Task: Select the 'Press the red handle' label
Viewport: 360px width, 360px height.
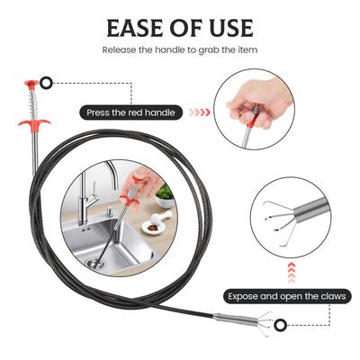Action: pos(130,112)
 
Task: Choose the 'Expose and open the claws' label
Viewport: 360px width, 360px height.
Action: pos(287,296)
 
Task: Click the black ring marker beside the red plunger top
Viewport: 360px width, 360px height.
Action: pos(47,83)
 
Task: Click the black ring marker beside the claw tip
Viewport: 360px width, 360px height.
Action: pos(281,324)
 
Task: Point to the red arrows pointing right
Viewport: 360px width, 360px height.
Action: pos(200,112)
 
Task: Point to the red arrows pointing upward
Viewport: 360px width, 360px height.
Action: pos(292,273)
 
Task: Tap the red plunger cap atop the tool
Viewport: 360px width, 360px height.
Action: pos(31,84)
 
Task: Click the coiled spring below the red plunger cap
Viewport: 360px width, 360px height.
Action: pos(32,101)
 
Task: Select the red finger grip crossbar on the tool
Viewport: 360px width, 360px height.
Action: pos(34,122)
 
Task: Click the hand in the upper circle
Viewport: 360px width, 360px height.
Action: pos(258,102)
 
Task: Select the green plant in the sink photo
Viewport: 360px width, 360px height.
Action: pos(166,192)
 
